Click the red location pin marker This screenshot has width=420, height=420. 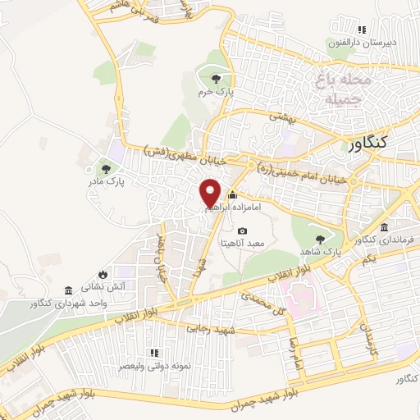[211, 193]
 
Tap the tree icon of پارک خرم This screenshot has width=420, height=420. [216, 79]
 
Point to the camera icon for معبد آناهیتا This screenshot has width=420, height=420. [242, 231]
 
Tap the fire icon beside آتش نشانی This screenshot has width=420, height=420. [102, 273]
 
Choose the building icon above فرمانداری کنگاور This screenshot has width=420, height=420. [386, 227]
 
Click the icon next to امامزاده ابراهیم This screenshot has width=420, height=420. [232, 195]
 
